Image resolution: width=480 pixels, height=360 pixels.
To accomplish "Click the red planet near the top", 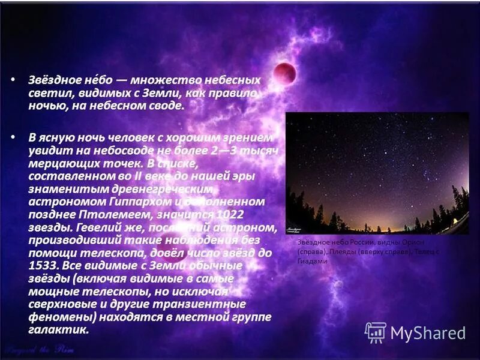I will pyautogui.click(x=285, y=74).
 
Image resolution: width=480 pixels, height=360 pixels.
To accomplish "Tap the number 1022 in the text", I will pyautogui.click(x=231, y=215).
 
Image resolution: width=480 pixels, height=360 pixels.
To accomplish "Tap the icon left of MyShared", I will pyautogui.click(x=376, y=332).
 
